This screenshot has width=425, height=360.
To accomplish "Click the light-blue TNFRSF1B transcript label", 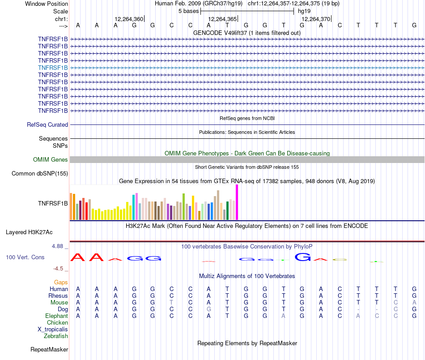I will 53,68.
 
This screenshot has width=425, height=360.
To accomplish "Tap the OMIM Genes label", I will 51,159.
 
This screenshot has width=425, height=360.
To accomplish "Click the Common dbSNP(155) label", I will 40,174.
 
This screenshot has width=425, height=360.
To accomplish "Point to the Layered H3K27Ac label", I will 29,232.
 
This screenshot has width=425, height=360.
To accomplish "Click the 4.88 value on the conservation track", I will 59,246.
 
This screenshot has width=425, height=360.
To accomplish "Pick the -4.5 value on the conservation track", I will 60,269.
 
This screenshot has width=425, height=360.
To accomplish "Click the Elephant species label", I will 56,316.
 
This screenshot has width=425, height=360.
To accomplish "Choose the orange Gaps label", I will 61,282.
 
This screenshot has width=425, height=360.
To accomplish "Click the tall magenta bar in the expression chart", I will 237,202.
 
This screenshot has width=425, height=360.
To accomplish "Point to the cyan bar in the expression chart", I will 134,207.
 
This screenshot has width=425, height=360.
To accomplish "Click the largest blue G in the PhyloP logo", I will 302,257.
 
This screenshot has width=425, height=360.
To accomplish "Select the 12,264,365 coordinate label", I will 222,19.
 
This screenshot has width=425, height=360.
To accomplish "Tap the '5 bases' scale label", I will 188,11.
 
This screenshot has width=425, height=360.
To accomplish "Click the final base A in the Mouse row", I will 414,302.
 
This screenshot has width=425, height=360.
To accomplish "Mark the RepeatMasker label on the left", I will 49,349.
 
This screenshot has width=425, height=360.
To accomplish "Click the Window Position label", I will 47,4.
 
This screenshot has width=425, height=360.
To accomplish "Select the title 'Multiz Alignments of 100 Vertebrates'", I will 247,276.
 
